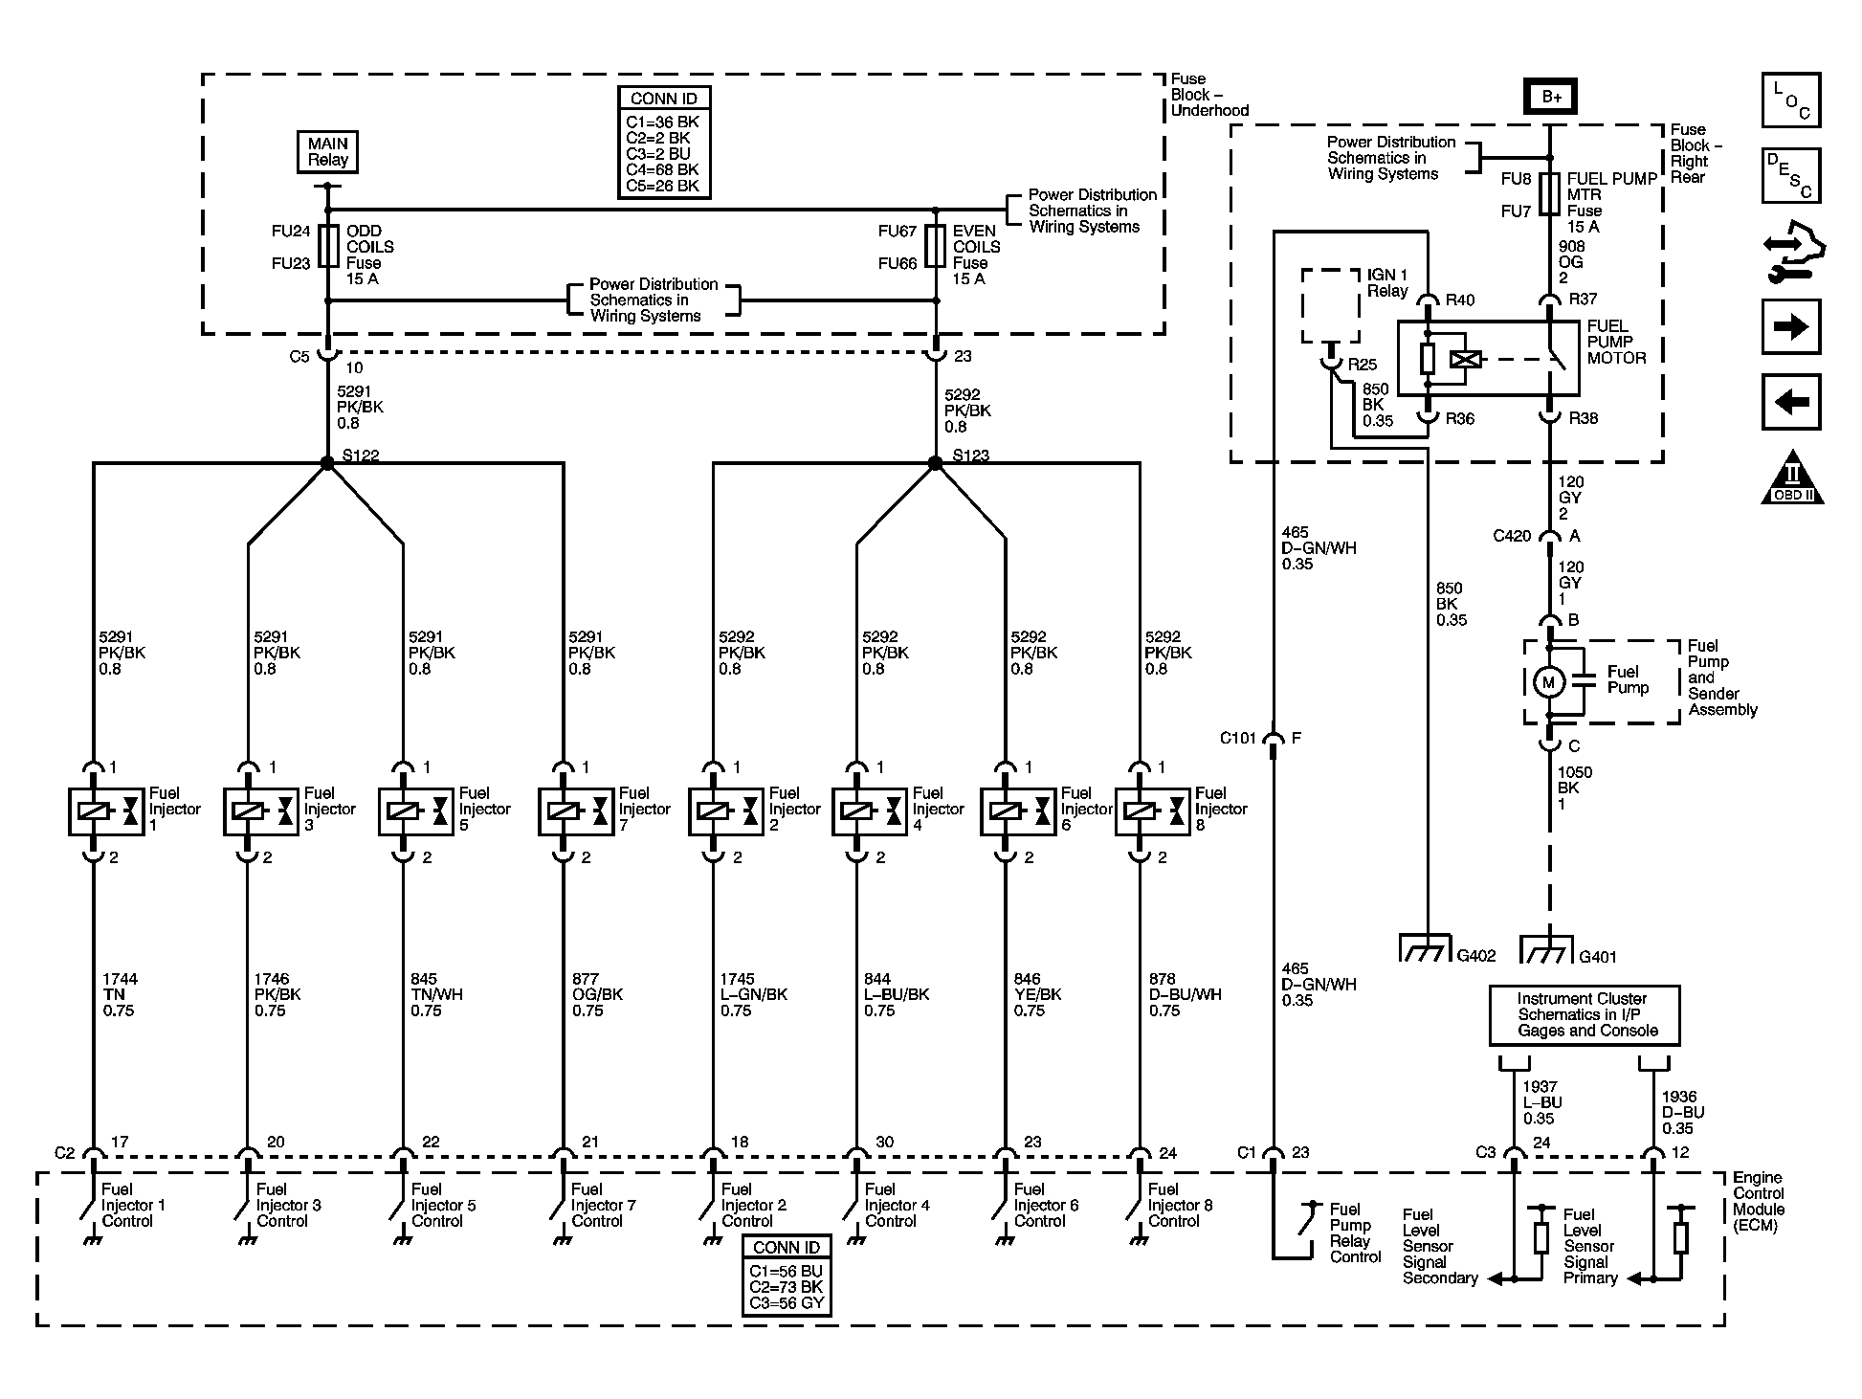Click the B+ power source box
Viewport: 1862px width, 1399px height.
[1550, 97]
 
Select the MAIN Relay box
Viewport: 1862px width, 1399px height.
[327, 152]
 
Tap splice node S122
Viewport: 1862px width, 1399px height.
[327, 463]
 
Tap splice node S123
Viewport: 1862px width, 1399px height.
[936, 463]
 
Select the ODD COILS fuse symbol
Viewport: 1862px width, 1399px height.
[327, 247]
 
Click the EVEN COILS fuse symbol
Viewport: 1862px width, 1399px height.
[936, 247]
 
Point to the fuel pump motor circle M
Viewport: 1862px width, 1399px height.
[1548, 682]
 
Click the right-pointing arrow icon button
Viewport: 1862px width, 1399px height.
[1790, 327]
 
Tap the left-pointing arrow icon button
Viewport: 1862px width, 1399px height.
[1790, 402]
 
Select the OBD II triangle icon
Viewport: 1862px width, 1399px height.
[1792, 479]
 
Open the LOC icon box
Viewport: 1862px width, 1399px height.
[1790, 100]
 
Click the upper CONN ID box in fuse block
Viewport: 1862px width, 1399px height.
[664, 143]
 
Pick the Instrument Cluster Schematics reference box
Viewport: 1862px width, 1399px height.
[1585, 1015]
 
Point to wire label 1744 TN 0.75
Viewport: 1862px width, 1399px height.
[119, 994]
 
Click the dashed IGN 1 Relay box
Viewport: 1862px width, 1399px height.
[1331, 306]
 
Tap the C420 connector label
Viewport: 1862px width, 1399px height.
[1512, 537]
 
